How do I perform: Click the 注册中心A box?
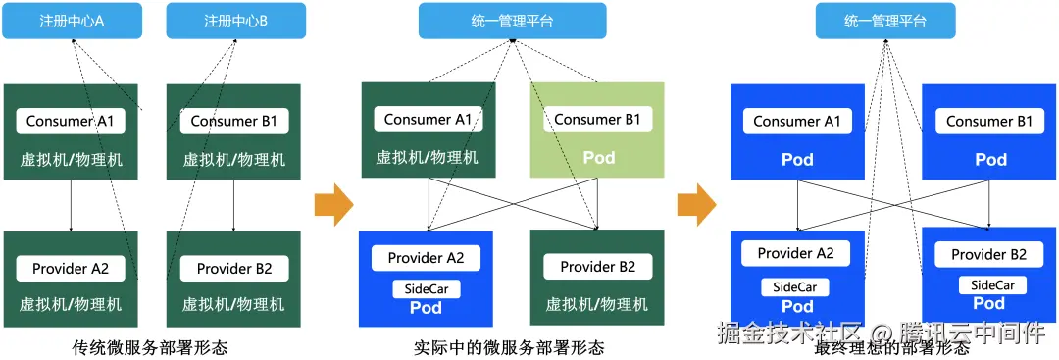tap(72, 21)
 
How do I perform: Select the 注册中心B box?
tap(235, 21)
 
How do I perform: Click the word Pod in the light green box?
tap(598, 157)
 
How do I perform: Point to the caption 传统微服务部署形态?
tap(150, 347)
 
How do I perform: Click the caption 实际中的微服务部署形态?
tap(509, 347)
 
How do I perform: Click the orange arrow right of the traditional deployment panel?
tap(333, 204)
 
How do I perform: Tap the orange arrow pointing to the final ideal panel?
tap(696, 204)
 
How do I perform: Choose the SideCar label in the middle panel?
tap(427, 289)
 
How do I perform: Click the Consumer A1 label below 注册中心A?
tap(71, 122)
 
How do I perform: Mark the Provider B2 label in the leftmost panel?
tap(234, 268)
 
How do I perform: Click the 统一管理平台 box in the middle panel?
tap(512, 21)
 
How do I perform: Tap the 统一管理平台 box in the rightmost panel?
tap(885, 21)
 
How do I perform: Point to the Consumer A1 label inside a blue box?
tap(796, 122)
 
